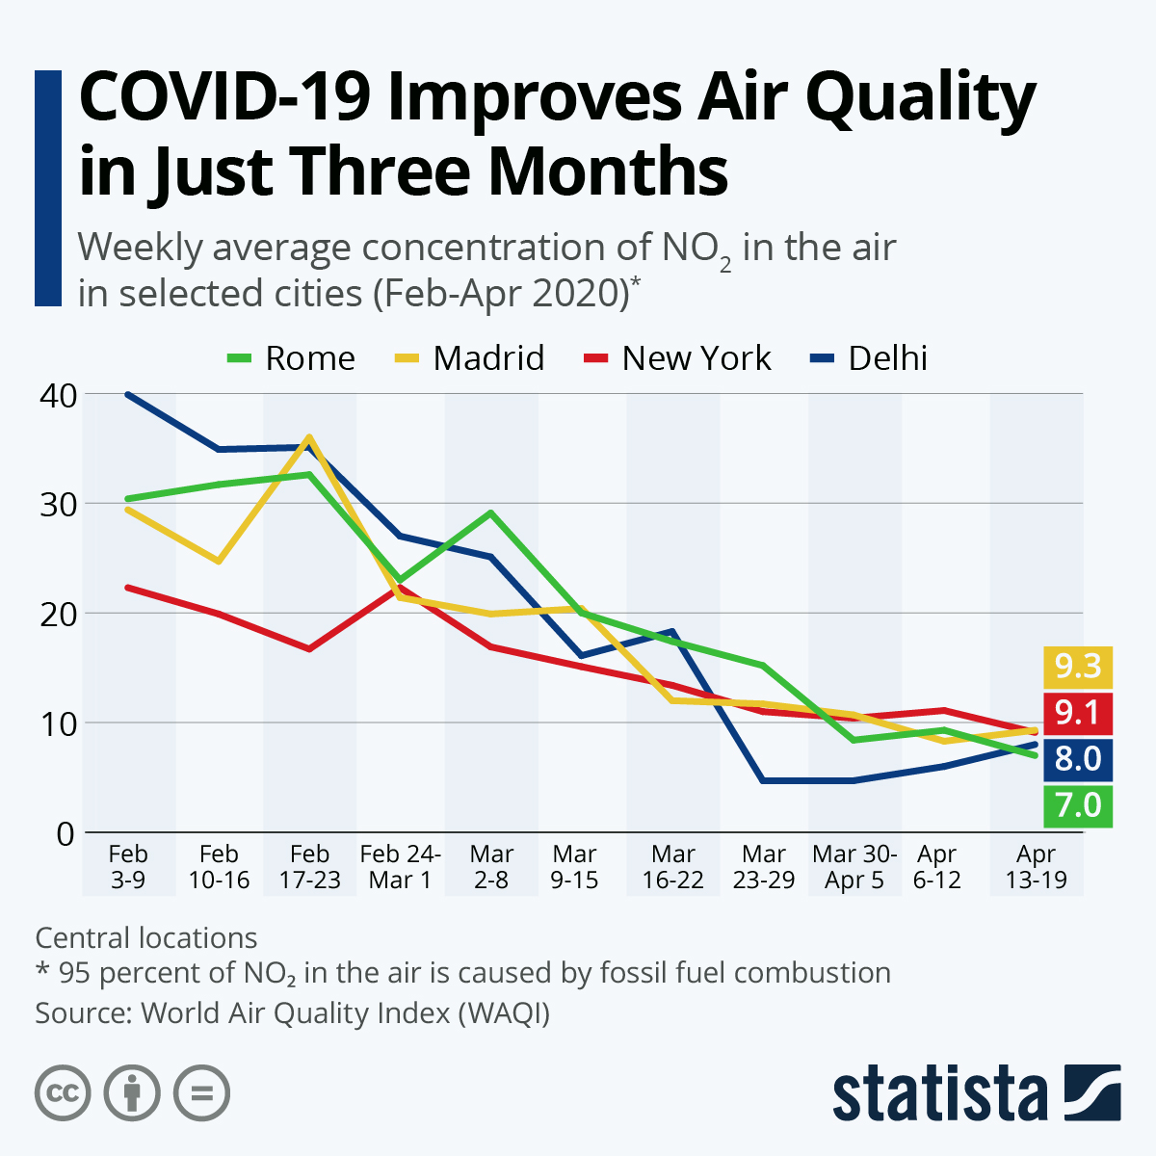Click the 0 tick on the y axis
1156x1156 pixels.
coord(65,833)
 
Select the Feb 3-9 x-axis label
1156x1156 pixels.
coord(128,866)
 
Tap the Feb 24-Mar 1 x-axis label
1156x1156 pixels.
coord(400,866)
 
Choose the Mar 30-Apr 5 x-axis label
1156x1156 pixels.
coord(854,866)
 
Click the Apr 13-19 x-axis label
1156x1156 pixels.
coord(1036,866)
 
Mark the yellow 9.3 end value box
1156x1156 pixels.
coord(1077,667)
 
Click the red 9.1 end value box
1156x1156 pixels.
coord(1077,713)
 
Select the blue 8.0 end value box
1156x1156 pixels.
coord(1077,759)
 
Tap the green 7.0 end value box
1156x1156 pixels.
coord(1077,805)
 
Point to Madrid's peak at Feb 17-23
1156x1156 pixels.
coord(309,437)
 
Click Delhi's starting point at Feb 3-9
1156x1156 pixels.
coord(128,394)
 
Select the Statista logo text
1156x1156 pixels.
coord(939,1093)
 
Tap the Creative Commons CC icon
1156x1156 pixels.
coord(63,1093)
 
